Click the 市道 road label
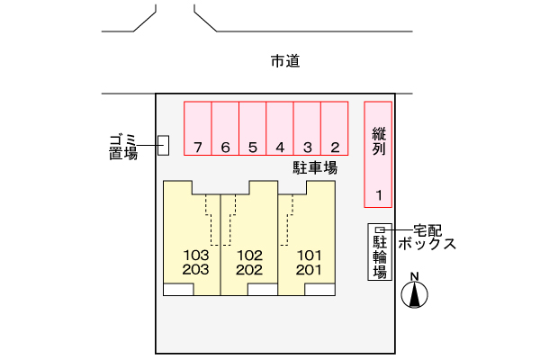point(284,62)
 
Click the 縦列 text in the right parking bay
point(379,141)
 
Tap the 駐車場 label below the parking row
point(315,168)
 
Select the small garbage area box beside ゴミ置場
point(163,145)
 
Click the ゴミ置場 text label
point(122,146)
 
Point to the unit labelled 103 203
point(195,261)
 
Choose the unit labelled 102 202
point(249,261)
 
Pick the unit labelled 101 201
point(309,261)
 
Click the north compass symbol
point(415,292)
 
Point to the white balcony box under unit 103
point(178,290)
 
